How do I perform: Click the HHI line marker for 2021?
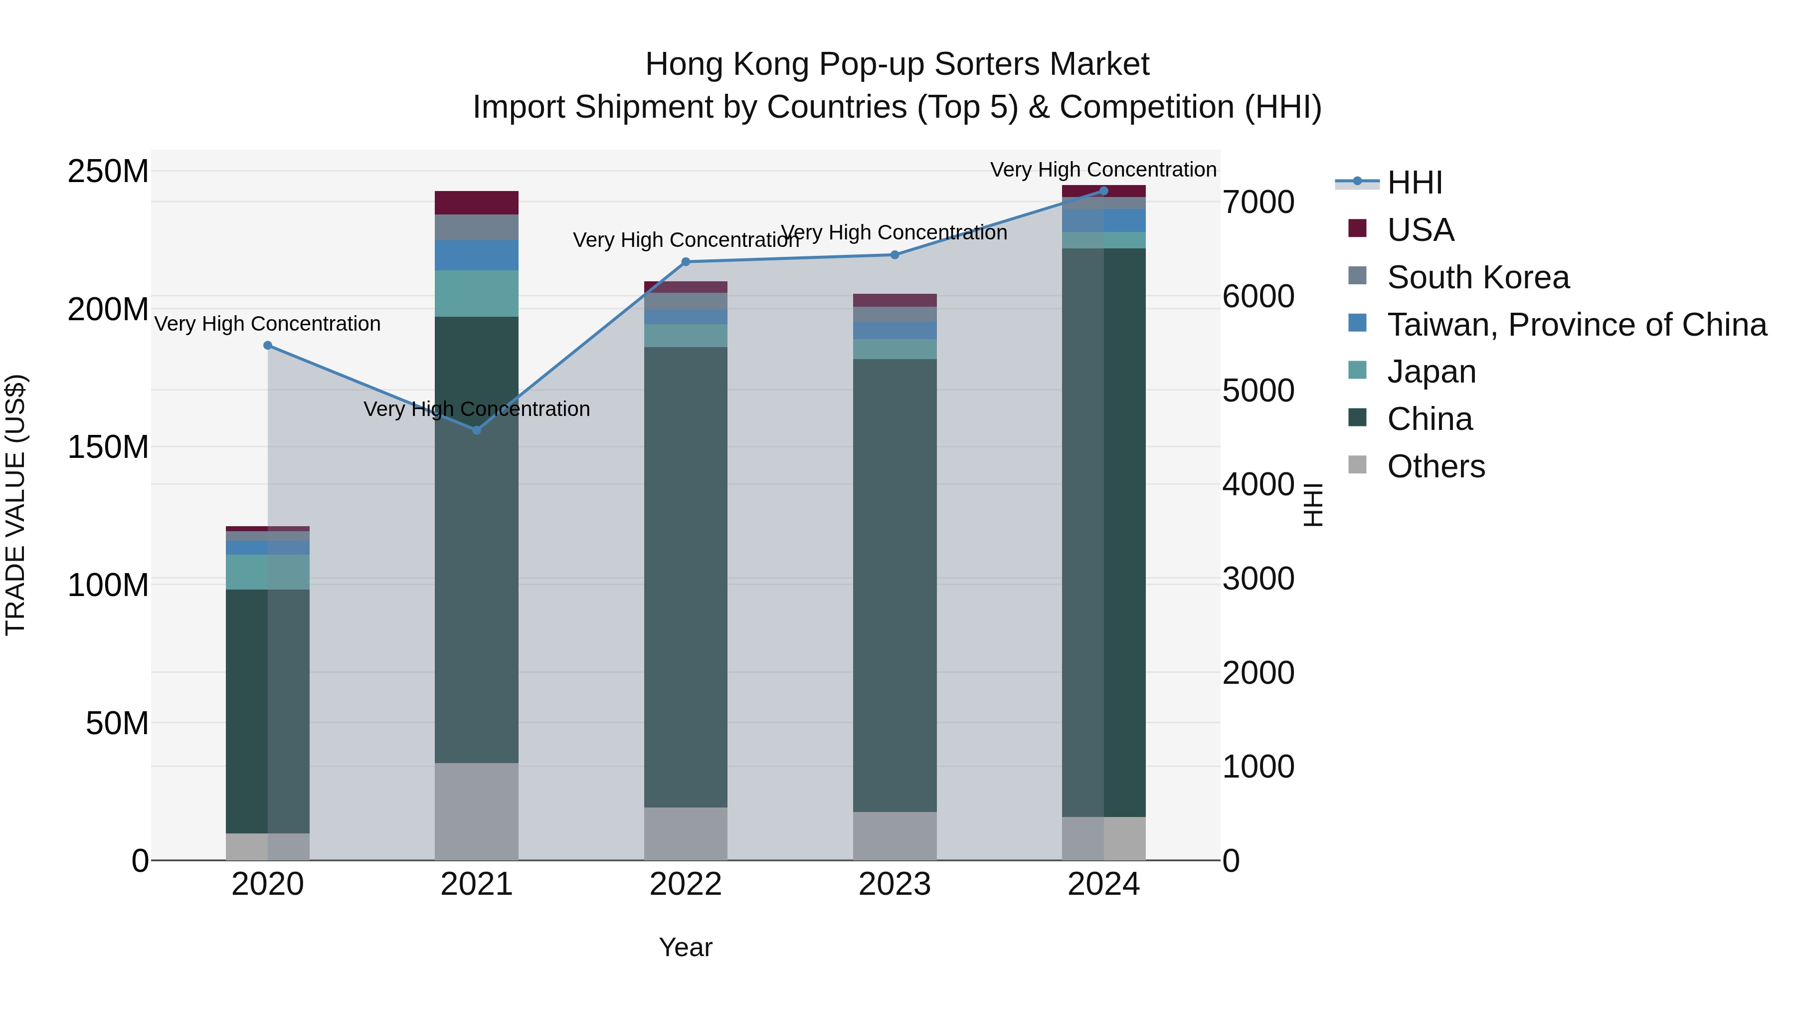(477, 430)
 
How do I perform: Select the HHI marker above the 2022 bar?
(686, 262)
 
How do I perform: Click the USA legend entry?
(1420, 230)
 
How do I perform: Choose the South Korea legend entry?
(1477, 277)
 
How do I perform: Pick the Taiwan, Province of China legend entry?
(1576, 325)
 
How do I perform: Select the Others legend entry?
(1436, 466)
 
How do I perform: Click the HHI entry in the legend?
(1414, 183)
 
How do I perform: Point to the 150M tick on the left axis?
(108, 447)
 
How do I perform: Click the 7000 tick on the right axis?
(1258, 202)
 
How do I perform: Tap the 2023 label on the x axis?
(895, 884)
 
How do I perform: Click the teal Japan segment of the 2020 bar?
(268, 572)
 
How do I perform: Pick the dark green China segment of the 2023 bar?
(895, 586)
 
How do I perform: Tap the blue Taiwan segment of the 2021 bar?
(477, 255)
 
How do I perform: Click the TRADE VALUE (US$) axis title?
(15, 505)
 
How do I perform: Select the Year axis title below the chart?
(686, 947)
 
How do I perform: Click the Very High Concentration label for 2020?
(268, 324)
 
